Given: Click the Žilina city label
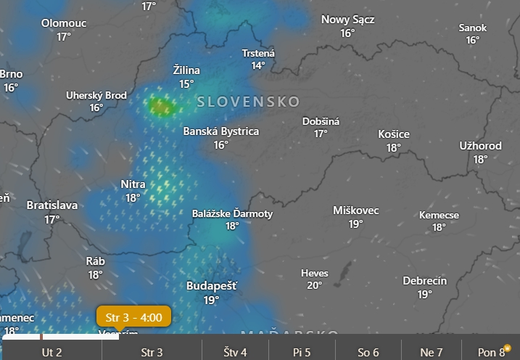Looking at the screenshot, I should click(186, 71).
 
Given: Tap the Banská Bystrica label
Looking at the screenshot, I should click(220, 131).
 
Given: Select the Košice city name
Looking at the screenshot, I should click(394, 134).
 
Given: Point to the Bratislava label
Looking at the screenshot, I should click(51, 205).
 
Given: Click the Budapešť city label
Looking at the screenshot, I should click(211, 286).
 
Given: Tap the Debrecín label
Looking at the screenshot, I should click(425, 281).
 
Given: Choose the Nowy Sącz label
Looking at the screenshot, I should click(347, 20).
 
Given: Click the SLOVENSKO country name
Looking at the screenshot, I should click(248, 102).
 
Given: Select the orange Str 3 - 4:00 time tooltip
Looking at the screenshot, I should click(133, 316).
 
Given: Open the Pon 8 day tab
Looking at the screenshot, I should click(491, 353).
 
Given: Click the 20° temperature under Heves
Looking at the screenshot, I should click(314, 285).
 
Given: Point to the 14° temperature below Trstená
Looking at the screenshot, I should click(258, 65).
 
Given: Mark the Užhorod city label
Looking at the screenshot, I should click(480, 146).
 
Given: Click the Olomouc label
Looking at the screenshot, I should click(64, 23).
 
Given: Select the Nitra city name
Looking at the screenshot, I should click(133, 184).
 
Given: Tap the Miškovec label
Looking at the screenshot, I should click(355, 210).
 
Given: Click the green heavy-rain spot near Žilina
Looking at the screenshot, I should click(160, 108).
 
